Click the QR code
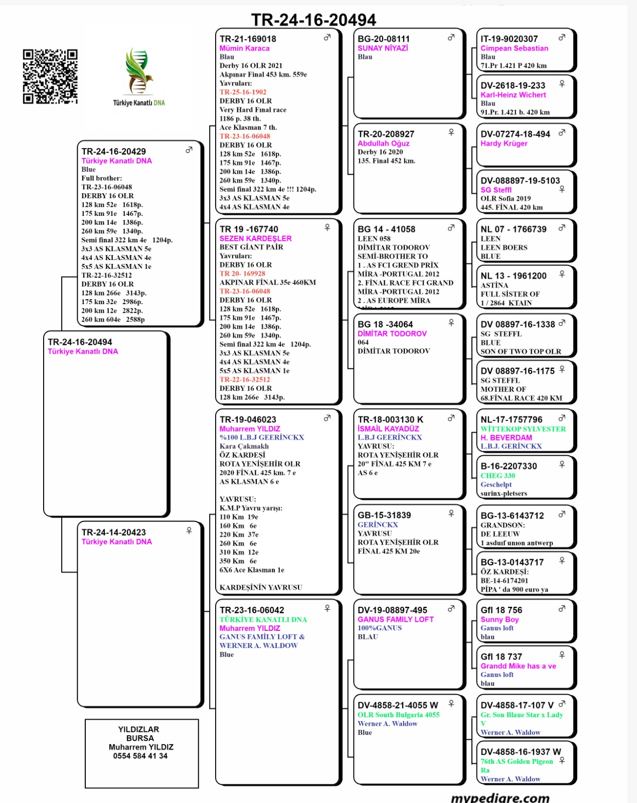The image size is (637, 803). (50, 76)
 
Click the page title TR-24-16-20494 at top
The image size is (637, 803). (313, 20)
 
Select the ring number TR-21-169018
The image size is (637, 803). (248, 39)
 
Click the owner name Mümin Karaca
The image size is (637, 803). (244, 48)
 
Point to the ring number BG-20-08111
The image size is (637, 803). (384, 39)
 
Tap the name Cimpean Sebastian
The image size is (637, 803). (514, 48)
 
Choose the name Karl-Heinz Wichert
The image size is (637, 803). (513, 95)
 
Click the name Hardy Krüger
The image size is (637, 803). (504, 143)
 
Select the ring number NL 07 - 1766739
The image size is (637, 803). (514, 229)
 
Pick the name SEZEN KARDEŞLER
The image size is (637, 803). (255, 238)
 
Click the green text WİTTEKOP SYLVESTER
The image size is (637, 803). (523, 429)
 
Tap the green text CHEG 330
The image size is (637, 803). (498, 475)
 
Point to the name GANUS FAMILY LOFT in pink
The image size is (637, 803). (395, 619)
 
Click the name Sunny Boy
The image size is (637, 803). (500, 619)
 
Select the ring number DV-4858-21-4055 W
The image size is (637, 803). (398, 705)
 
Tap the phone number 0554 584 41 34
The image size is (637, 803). (140, 756)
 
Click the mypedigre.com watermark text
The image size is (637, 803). (500, 797)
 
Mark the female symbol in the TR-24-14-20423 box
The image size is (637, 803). (189, 530)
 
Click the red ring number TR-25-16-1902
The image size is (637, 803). (243, 92)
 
